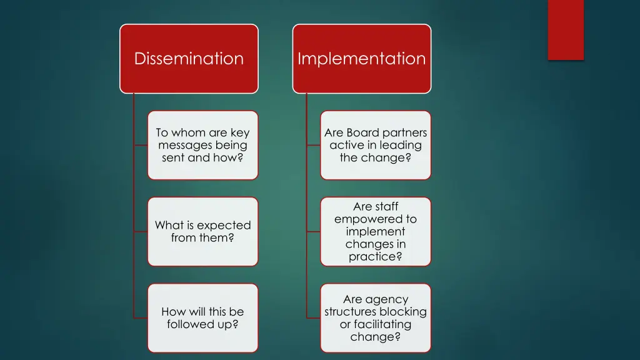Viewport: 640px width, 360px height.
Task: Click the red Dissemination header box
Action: point(189,59)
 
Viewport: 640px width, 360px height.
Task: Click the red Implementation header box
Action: point(362,59)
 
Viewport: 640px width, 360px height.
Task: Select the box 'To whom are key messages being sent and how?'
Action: point(202,145)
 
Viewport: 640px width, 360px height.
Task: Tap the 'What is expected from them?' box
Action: point(202,231)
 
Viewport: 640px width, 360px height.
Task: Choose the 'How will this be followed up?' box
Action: point(202,317)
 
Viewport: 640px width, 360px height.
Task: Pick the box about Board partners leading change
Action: point(376,145)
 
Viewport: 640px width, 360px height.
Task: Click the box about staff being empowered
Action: point(376,231)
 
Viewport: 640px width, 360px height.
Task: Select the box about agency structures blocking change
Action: point(376,317)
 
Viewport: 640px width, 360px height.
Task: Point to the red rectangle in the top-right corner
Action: point(566,29)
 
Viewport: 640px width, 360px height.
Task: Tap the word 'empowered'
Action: point(375,219)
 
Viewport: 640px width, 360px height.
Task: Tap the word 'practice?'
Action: point(375,256)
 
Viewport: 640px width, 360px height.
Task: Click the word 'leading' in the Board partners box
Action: point(403,145)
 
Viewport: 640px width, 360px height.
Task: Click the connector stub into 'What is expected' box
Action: point(141,231)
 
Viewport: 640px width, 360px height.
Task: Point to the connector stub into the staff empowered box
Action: point(314,231)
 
